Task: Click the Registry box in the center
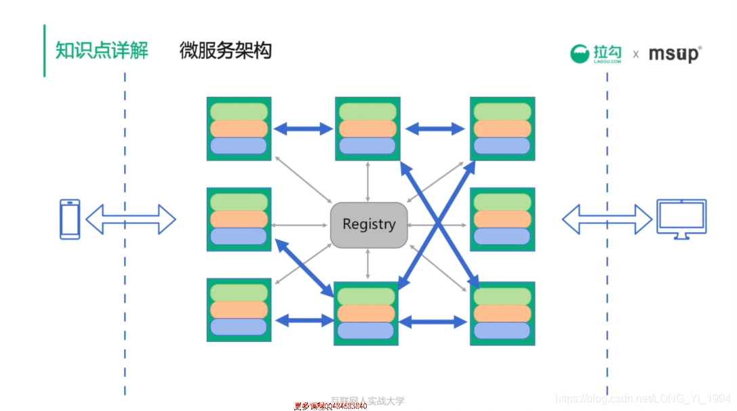click(x=369, y=225)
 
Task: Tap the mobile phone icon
click(x=70, y=219)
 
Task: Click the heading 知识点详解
click(x=102, y=51)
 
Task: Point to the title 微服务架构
click(x=226, y=51)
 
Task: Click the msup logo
click(x=675, y=53)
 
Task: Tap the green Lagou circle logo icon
click(x=580, y=53)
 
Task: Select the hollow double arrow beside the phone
click(x=131, y=219)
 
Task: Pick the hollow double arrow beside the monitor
click(x=607, y=219)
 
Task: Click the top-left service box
click(x=239, y=129)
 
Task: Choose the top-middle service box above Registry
click(x=367, y=129)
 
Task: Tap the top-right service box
click(x=502, y=129)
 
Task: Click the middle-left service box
click(x=239, y=219)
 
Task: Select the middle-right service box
click(x=502, y=219)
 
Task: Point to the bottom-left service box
click(x=239, y=310)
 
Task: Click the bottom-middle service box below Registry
click(x=366, y=313)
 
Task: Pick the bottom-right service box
click(x=502, y=313)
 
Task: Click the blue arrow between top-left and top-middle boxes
click(x=304, y=129)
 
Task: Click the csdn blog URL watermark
click(x=643, y=399)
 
